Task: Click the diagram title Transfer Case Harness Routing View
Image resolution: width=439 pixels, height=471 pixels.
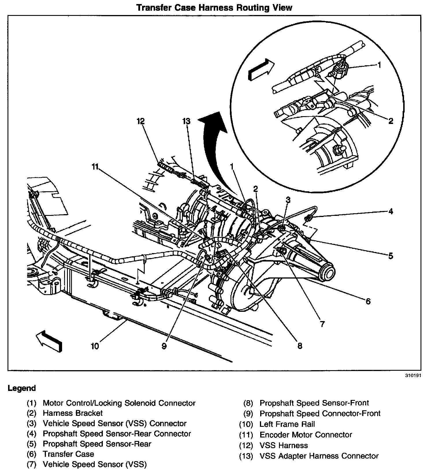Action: [x=214, y=8]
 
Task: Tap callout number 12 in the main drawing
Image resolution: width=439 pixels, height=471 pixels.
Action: [x=141, y=121]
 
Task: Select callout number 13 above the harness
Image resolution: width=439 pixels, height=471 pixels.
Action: [x=187, y=121]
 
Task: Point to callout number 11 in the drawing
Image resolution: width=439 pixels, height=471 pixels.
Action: [x=95, y=167]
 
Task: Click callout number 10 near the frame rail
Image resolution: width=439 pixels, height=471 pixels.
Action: [x=95, y=346]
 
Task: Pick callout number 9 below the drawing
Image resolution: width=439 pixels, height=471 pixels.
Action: [x=164, y=346]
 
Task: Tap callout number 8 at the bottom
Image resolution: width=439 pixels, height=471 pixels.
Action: [x=300, y=346]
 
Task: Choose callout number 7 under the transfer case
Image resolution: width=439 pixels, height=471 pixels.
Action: [x=322, y=324]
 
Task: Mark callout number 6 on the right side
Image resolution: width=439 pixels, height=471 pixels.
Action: [x=368, y=301]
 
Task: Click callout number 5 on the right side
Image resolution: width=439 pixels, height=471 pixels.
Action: [x=390, y=256]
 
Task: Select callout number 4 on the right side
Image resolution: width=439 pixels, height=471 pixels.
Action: [x=390, y=211]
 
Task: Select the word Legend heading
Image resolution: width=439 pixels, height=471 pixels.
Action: [x=22, y=388]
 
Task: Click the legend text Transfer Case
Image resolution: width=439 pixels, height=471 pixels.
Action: [x=68, y=454]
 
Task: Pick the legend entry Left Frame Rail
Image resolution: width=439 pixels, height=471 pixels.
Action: [x=287, y=424]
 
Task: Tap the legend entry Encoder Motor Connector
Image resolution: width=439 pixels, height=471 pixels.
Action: [x=306, y=435]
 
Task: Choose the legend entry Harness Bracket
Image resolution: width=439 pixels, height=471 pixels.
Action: [x=73, y=413]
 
